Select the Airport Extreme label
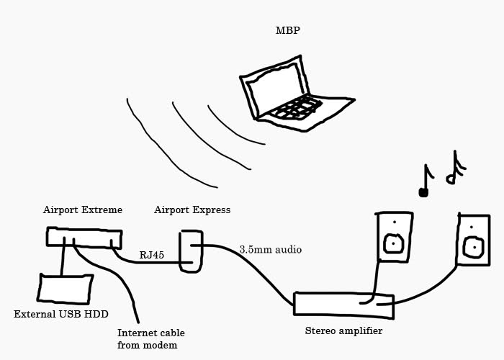tap(82, 210)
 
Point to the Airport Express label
tap(192, 210)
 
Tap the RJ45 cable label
tap(153, 255)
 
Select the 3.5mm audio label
tap(270, 250)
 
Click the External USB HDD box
tap(66, 288)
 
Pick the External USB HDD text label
tap(56, 315)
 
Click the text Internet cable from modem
tap(150, 339)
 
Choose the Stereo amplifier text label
tap(343, 331)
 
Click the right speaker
tap(473, 238)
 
